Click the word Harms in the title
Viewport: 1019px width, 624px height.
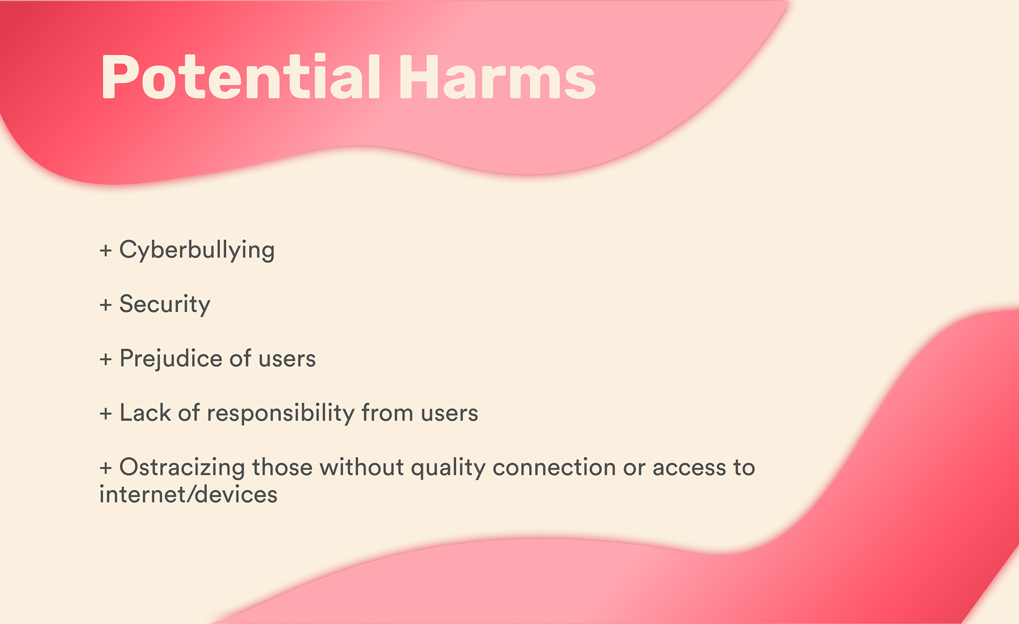[x=498, y=78]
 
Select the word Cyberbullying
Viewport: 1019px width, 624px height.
[x=197, y=250]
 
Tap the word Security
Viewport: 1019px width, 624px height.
[x=165, y=304]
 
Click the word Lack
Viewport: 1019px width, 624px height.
[x=145, y=413]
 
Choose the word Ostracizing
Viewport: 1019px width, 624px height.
[x=182, y=467]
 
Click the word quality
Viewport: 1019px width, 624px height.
[x=448, y=468]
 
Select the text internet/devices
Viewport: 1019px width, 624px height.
[x=188, y=494]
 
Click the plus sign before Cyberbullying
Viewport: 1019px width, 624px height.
[x=106, y=250]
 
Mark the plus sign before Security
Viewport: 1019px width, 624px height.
[x=106, y=305]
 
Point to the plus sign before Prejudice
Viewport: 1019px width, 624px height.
[x=106, y=359]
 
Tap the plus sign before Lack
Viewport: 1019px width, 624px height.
[x=106, y=413]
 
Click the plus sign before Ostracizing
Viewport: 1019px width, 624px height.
[x=106, y=468]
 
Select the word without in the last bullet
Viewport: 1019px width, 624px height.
[x=361, y=467]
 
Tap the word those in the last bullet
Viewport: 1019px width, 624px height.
[x=282, y=467]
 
